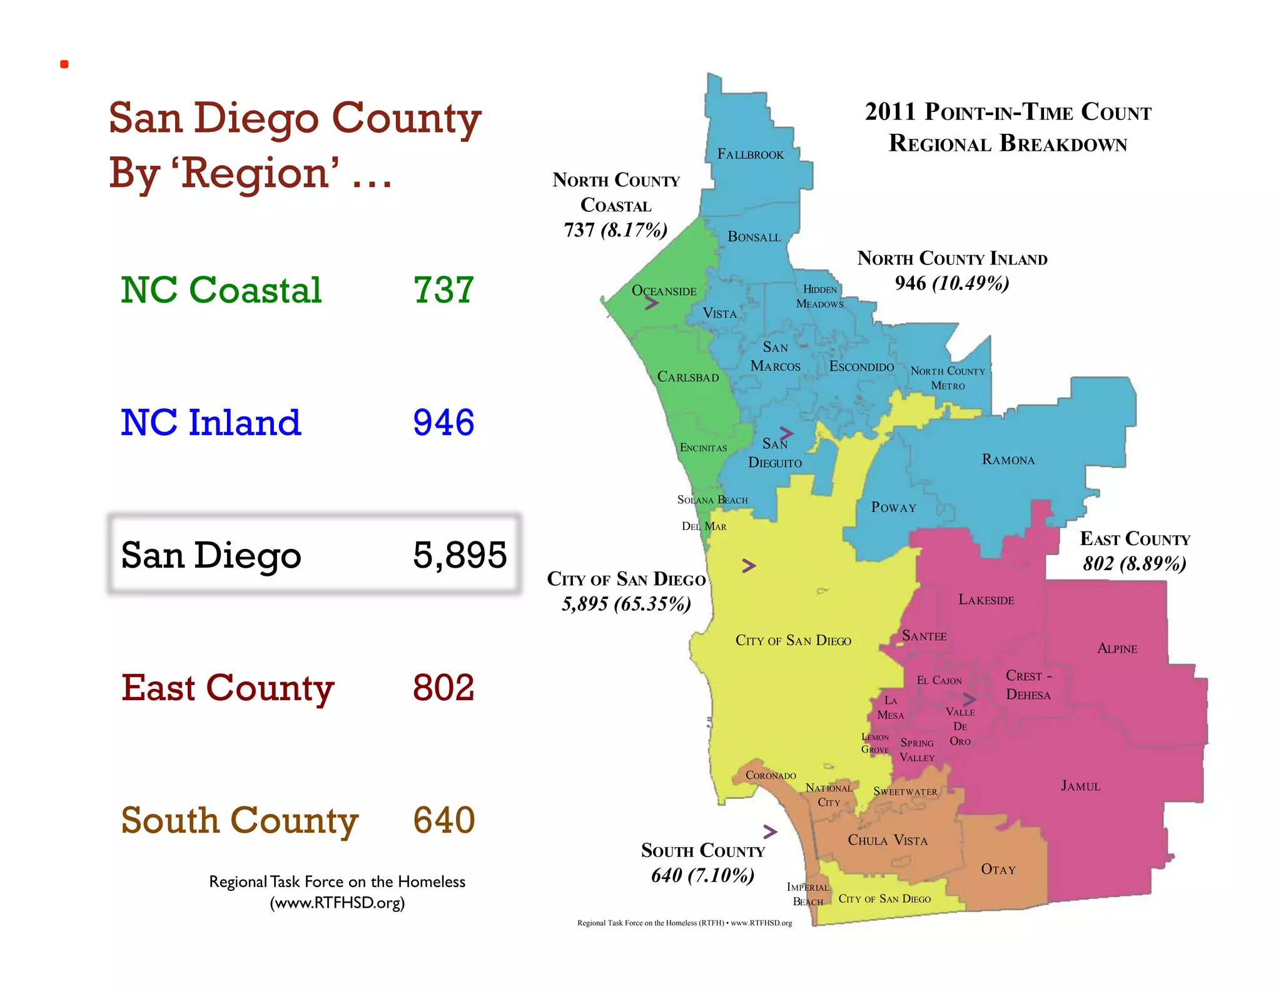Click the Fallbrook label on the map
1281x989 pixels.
pyautogui.click(x=750, y=154)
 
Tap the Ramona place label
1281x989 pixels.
pyautogui.click(x=1008, y=460)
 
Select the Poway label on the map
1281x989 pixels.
pyautogui.click(x=893, y=508)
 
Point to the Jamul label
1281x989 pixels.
pyautogui.click(x=1080, y=786)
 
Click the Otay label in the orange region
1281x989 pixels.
pyautogui.click(x=998, y=870)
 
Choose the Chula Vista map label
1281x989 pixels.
pyautogui.click(x=887, y=840)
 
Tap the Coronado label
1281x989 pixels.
pyautogui.click(x=771, y=776)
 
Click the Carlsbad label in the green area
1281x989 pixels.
pyautogui.click(x=688, y=377)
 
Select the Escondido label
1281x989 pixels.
pyautogui.click(x=861, y=367)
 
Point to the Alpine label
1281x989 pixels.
pyautogui.click(x=1117, y=649)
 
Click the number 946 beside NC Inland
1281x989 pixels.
pyautogui.click(x=443, y=423)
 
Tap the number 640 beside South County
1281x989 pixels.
pyautogui.click(x=443, y=820)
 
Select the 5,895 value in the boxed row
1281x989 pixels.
pyautogui.click(x=459, y=555)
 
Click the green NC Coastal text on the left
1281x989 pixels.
pyautogui.click(x=221, y=290)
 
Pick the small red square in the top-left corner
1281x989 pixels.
pyautogui.click(x=64, y=64)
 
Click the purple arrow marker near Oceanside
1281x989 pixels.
pyautogui.click(x=652, y=303)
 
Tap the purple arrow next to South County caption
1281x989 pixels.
pyautogui.click(x=771, y=831)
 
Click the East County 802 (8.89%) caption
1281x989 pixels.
pyautogui.click(x=1135, y=551)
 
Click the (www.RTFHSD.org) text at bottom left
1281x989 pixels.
pyautogui.click(x=337, y=903)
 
